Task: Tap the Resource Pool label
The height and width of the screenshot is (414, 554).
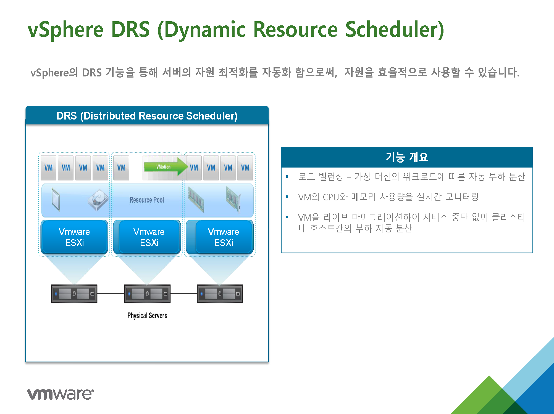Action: pos(147,200)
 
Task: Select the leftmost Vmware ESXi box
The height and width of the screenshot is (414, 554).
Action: pos(74,237)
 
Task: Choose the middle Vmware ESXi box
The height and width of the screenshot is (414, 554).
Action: pos(147,237)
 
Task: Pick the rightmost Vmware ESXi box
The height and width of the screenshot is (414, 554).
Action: pos(220,237)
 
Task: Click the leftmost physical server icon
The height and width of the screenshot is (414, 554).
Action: pos(74,294)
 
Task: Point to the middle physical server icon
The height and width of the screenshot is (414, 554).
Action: pos(147,294)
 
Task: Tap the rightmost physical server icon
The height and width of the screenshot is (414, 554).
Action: pos(220,294)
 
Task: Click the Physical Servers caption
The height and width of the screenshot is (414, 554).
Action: pos(147,315)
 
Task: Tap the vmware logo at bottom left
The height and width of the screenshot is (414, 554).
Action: pos(61,394)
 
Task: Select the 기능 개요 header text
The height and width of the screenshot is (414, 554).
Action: pos(407,157)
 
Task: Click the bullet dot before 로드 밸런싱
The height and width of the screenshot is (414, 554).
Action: pos(287,177)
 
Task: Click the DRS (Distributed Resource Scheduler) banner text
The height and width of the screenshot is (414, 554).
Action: pos(147,116)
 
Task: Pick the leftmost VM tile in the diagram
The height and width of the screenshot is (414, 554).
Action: pos(48,168)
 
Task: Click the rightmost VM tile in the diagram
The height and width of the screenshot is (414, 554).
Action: pos(245,168)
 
